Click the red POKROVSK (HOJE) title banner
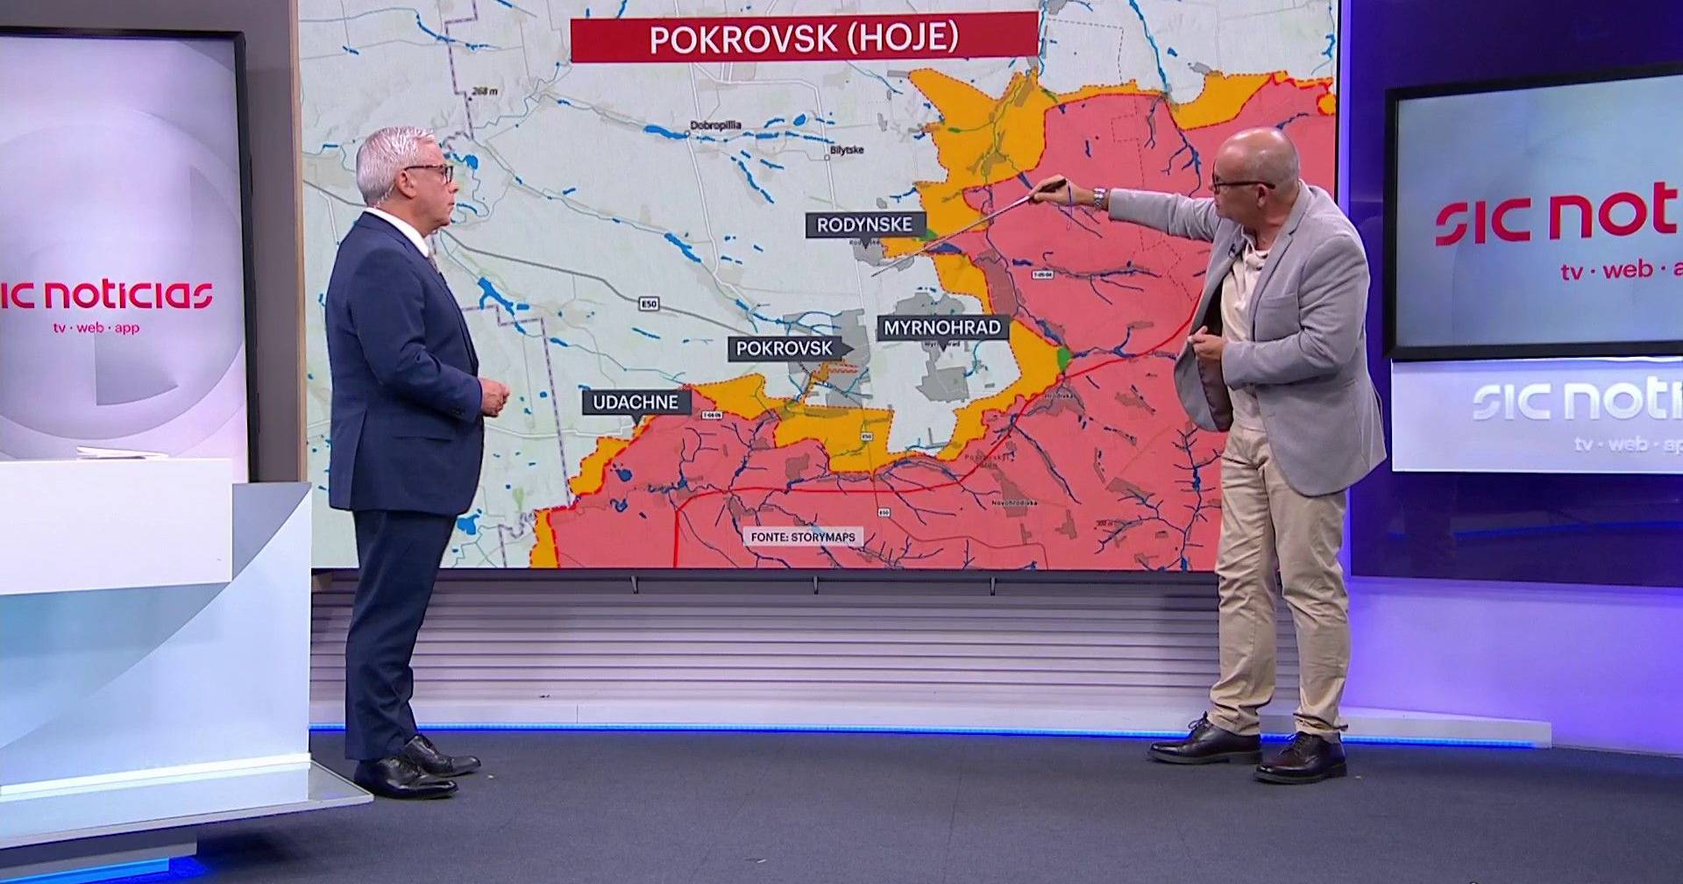coord(804,38)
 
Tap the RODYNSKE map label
coord(864,225)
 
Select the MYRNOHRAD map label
coord(942,328)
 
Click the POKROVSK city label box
coord(785,348)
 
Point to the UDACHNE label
coord(636,403)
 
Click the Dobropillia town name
coord(715,125)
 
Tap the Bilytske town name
coord(846,150)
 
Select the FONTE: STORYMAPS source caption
coord(803,537)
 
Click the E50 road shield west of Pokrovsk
coord(649,304)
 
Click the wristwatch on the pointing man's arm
coord(1098,197)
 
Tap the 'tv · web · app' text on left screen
coord(96,328)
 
